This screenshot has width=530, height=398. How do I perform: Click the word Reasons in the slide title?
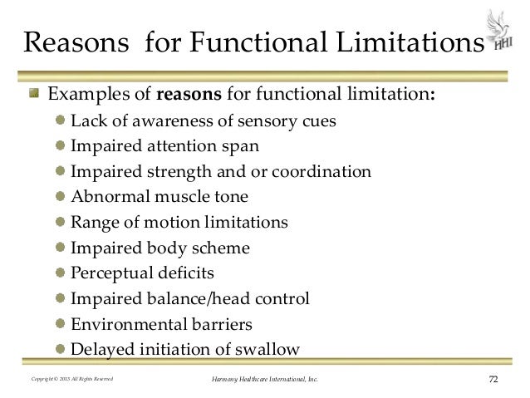pyautogui.click(x=71, y=42)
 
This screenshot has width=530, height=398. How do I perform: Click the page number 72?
pyautogui.click(x=494, y=381)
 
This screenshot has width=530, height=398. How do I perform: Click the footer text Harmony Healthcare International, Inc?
pyautogui.click(x=265, y=381)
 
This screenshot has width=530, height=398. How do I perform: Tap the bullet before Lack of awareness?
pyautogui.click(x=62, y=120)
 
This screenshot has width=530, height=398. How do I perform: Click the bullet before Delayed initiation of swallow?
pyautogui.click(x=62, y=347)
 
